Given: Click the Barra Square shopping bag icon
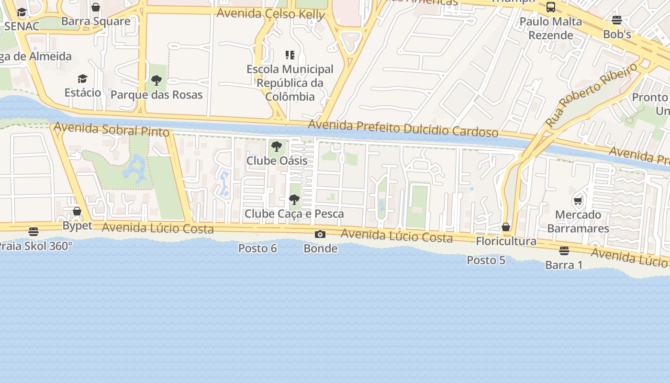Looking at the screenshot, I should tap(96, 7).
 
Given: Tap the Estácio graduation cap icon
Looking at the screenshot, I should tap(83, 79).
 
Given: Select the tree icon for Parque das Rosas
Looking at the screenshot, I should tap(156, 80).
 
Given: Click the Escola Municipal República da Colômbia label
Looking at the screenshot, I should tap(290, 83).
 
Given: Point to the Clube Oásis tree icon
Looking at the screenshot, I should tap(276, 146).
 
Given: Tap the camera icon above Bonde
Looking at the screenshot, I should tap(320, 234).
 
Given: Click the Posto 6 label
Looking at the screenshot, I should tap(257, 248).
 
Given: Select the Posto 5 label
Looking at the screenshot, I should tap(486, 260).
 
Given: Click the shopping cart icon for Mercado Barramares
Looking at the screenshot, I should tap(578, 201).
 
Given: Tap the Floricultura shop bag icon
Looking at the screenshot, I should tap(506, 227).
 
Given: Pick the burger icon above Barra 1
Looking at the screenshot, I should tap(564, 250).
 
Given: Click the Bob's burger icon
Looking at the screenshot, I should tap(617, 20).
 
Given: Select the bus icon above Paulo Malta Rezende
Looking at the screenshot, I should tap(551, 7).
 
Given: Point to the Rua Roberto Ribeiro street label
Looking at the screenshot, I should tap(592, 95).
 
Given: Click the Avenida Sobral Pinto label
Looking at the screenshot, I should tap(112, 129).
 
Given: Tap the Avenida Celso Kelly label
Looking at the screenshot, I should tap(271, 13).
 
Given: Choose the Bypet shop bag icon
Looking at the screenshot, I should tap(77, 211).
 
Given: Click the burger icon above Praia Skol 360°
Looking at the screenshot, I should tap(33, 232).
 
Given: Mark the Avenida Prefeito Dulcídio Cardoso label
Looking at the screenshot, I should tap(403, 128).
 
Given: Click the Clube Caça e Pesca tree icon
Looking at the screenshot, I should tap(294, 200).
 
